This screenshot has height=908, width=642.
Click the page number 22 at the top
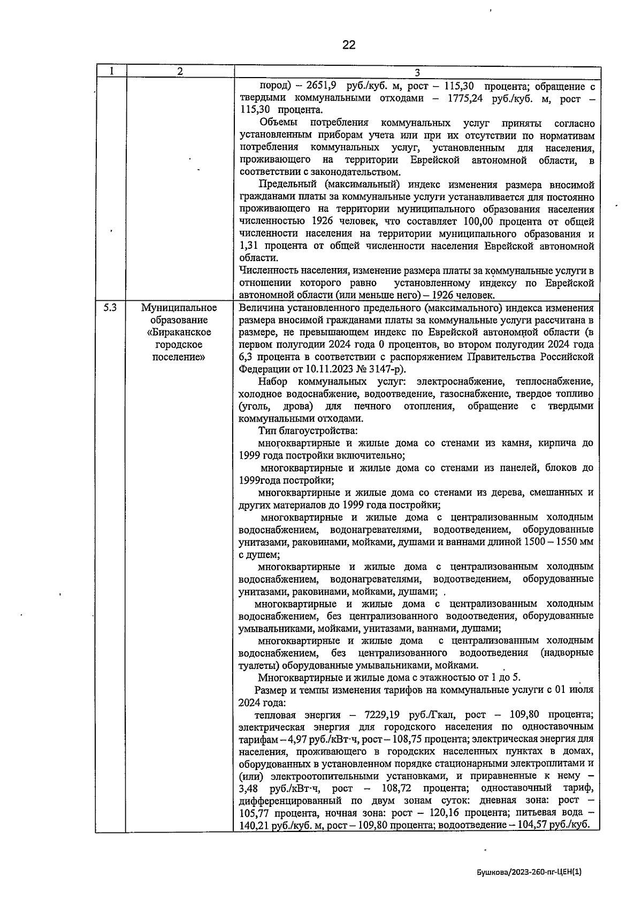348,45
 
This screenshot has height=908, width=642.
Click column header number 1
110,71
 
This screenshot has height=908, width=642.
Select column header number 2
180,71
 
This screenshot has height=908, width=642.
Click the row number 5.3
110,308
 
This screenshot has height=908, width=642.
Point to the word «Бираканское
179,332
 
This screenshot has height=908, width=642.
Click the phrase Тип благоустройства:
308,431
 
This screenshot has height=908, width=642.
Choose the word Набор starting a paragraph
272,381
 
